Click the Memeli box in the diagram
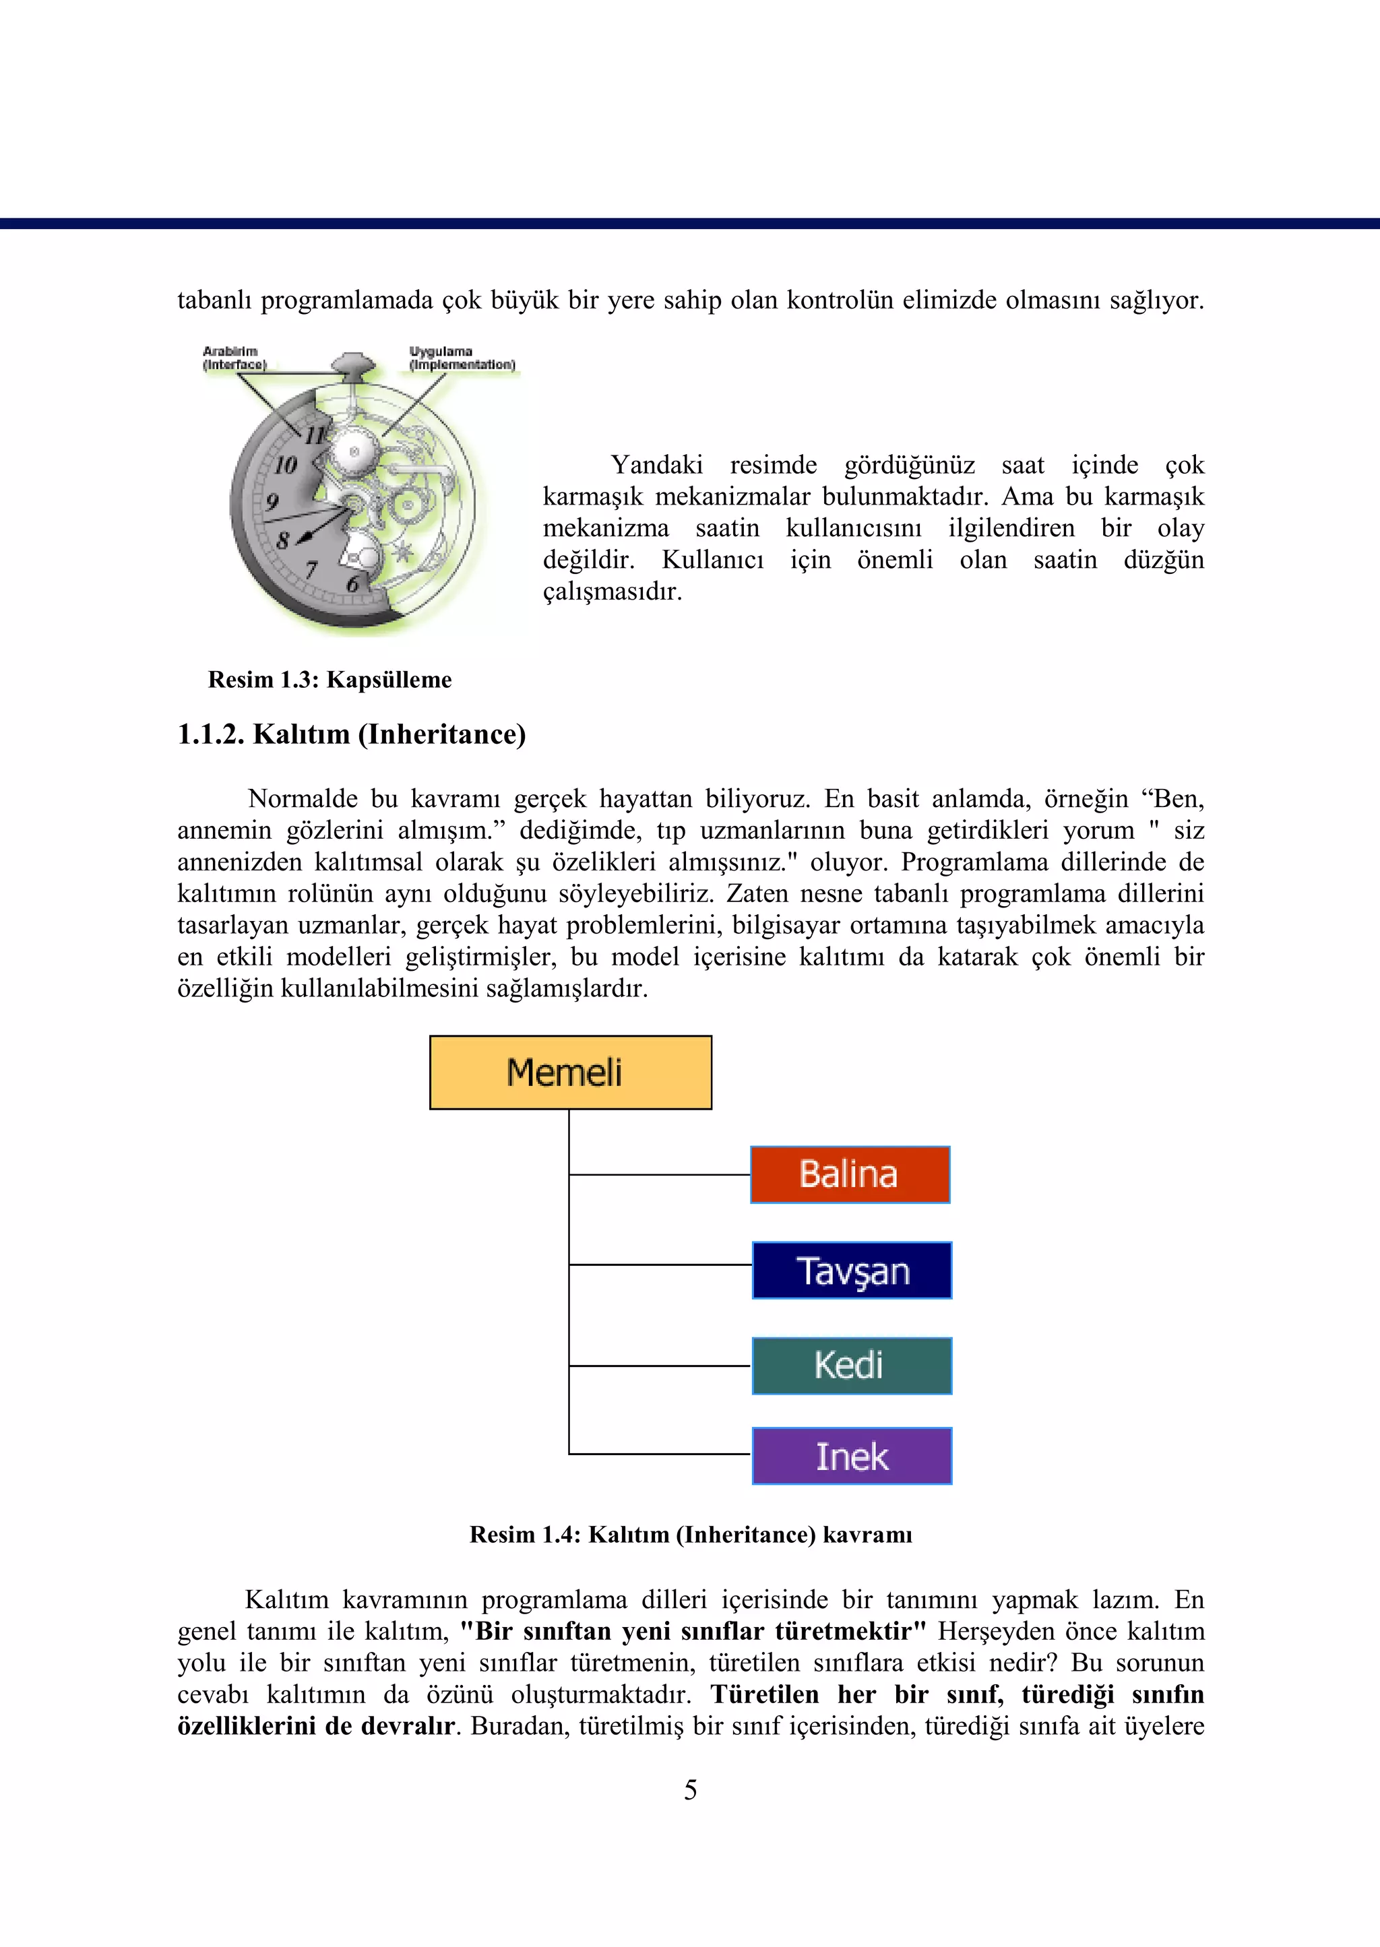click(570, 1072)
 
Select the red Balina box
click(850, 1174)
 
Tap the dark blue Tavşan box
click(852, 1270)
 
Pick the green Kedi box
click(852, 1365)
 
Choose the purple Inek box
click(852, 1456)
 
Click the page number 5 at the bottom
click(690, 1790)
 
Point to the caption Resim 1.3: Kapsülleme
click(330, 680)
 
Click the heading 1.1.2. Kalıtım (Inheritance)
click(351, 734)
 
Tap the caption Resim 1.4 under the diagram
click(690, 1534)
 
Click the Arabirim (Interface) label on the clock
click(234, 358)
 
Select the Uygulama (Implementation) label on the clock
click(462, 358)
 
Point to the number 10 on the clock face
click(286, 465)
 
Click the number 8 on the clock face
click(282, 540)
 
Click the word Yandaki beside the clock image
click(656, 465)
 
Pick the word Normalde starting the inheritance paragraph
click(302, 798)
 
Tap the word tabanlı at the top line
click(214, 300)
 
